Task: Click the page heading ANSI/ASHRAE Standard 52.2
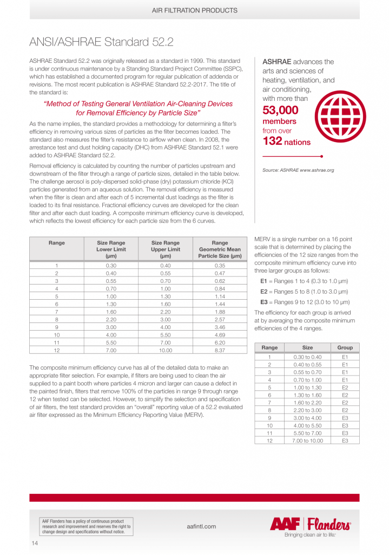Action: [101, 42]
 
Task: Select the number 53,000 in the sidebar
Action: [280, 110]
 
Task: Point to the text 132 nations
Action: [287, 142]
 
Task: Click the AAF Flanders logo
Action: [311, 524]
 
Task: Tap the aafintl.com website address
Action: [200, 526]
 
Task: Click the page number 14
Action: [35, 543]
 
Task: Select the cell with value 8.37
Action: [220, 351]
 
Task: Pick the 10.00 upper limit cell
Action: [165, 351]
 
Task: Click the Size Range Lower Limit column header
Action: [110, 249]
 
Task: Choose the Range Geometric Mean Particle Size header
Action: [220, 249]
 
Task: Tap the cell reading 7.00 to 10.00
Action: [307, 441]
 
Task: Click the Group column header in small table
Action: [345, 347]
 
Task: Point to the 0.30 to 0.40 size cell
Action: [307, 357]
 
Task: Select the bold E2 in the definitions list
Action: [264, 291]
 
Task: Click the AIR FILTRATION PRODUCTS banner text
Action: [194, 10]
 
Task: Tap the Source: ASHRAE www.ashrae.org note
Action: [298, 170]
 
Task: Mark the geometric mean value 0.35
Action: [220, 266]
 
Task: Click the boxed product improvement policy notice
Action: [86, 527]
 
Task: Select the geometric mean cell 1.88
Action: [220, 312]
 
